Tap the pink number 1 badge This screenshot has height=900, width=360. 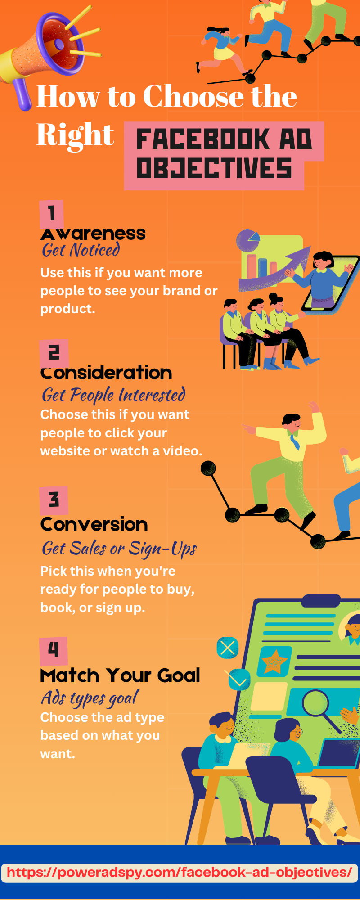click(51, 214)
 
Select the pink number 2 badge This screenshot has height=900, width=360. click(54, 353)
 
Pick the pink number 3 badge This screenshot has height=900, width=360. click(54, 500)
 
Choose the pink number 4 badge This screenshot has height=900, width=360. click(53, 651)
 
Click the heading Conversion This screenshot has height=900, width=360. click(94, 525)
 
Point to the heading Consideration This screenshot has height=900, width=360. click(106, 373)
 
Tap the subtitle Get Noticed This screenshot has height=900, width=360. click(81, 250)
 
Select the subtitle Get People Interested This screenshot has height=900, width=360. click(113, 395)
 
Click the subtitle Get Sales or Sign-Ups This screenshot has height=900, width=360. click(119, 549)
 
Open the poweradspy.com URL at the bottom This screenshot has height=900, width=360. click(180, 872)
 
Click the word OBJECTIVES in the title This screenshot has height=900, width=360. click(214, 168)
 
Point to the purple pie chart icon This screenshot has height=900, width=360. click(248, 241)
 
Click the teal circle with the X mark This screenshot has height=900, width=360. click(228, 648)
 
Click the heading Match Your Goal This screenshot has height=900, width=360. click(120, 675)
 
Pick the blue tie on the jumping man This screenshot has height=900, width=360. click(295, 441)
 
